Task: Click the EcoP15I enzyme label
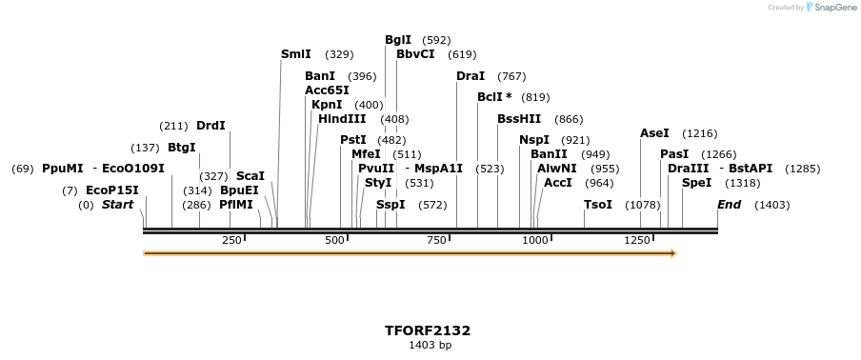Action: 112,190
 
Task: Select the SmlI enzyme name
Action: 296,54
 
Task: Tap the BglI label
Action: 398,40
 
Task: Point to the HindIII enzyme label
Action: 342,119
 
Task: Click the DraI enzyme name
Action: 471,76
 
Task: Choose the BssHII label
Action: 519,119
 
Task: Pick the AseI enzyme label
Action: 654,133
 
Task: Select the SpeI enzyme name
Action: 696,183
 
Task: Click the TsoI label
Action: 598,205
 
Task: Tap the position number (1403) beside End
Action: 771,205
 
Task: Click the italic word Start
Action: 118,205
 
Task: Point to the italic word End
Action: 729,205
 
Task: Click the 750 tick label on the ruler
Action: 436,241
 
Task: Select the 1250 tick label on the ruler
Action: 637,241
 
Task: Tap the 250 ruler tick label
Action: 231,241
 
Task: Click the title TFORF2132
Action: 428,330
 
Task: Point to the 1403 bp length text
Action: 430,345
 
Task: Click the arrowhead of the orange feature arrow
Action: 672,253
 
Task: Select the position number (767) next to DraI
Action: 511,76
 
